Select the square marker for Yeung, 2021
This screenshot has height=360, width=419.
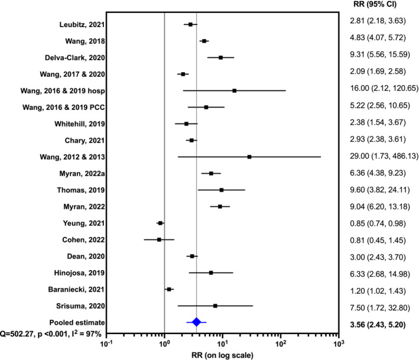pos(160,223)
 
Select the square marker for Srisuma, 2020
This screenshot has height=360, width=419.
pos(215,306)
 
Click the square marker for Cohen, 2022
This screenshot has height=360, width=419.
pos(159,239)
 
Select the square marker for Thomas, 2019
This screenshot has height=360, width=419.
pos(222,190)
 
